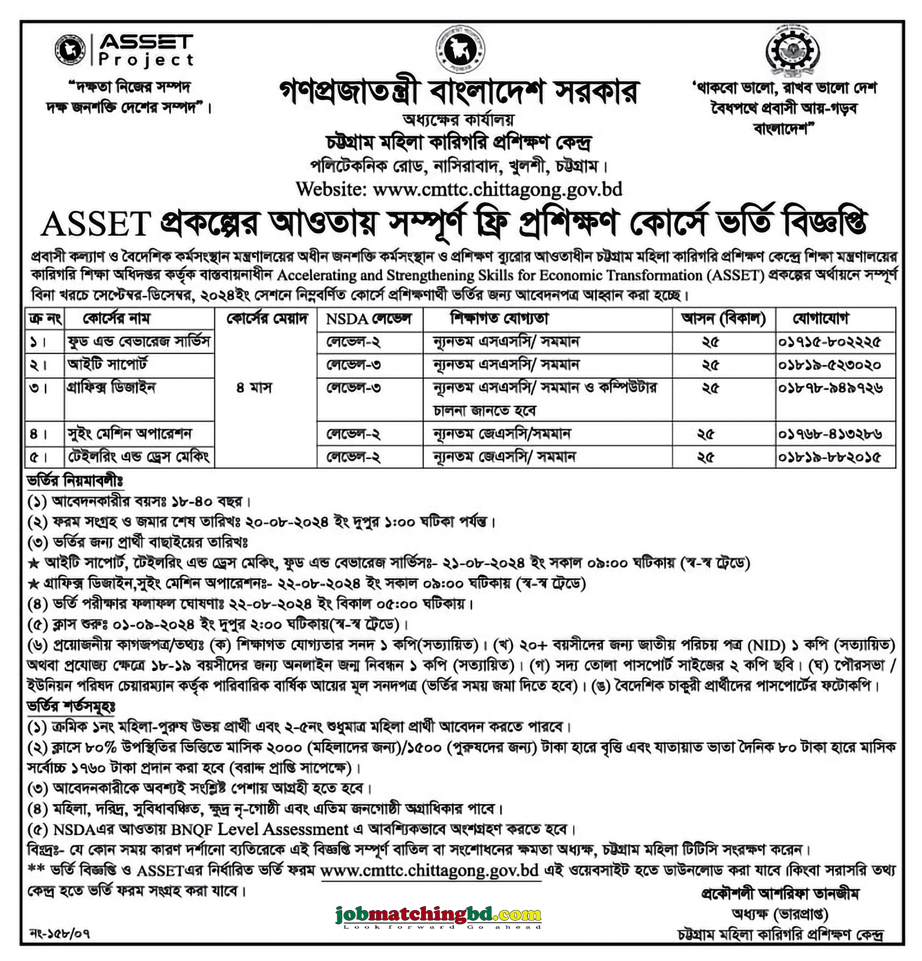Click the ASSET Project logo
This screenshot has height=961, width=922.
click(124, 50)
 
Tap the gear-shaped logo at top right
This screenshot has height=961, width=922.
click(792, 52)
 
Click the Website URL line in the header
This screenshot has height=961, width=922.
click(459, 189)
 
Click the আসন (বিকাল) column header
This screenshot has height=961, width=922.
click(723, 319)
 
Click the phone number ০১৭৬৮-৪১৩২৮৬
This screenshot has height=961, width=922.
click(830, 434)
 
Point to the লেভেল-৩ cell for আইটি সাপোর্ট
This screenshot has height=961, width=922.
click(353, 365)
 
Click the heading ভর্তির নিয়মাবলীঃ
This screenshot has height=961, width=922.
click(75, 480)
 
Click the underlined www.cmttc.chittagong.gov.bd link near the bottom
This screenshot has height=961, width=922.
click(429, 870)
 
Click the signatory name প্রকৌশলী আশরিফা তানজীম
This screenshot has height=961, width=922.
click(780, 893)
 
